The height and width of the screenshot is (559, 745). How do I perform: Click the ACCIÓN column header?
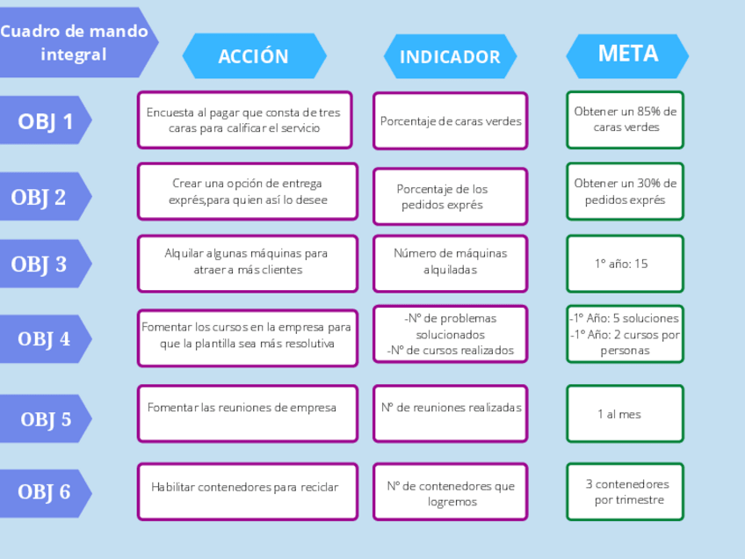tap(254, 56)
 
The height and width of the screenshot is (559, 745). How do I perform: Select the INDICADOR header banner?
tap(450, 56)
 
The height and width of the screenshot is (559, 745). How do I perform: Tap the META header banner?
tap(627, 54)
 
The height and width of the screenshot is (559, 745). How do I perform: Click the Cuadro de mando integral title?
tap(75, 42)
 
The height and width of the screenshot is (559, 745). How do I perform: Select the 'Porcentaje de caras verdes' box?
tap(450, 120)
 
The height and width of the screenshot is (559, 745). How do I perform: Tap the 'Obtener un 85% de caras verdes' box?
tap(625, 120)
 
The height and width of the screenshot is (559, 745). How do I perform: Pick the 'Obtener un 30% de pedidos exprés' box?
tap(625, 191)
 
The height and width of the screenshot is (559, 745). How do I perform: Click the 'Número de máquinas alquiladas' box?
tap(450, 263)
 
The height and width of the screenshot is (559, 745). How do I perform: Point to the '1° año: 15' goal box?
tap(625, 263)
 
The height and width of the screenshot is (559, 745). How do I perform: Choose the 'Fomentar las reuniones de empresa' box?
tap(247, 412)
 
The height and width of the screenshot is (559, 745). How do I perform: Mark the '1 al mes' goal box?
tap(625, 413)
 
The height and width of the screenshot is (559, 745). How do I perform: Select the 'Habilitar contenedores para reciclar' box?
tap(247, 491)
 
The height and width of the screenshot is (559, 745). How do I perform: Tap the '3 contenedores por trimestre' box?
tap(625, 491)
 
